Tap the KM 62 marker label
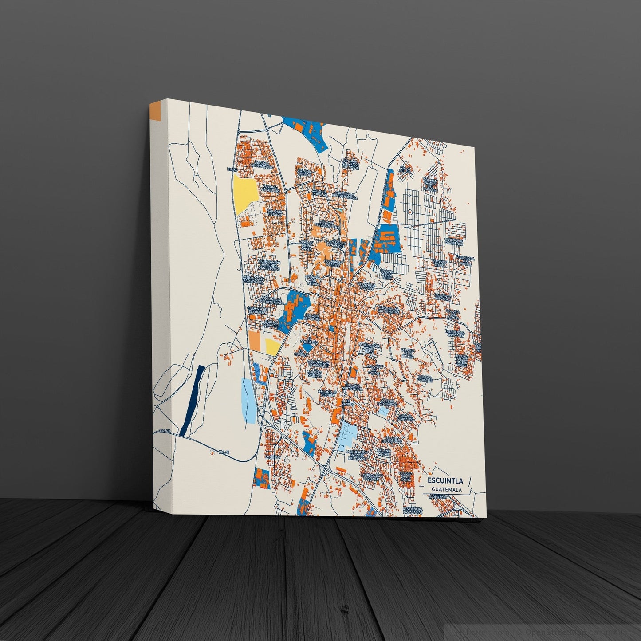tap(165, 431)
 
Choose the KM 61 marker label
tap(224, 452)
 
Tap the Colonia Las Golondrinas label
tap(389, 309)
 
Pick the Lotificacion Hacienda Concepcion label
tap(269, 265)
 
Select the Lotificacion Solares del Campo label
tap(358, 455)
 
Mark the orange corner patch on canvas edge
tap(155, 112)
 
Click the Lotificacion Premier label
tap(372, 477)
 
